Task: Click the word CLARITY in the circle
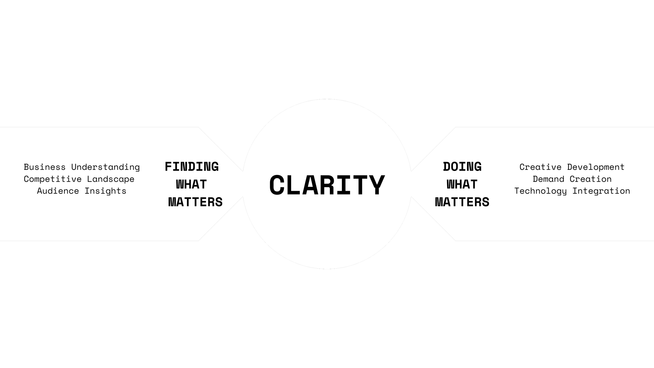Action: [x=327, y=185]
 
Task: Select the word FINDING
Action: [x=192, y=167]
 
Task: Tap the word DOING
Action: [x=462, y=167]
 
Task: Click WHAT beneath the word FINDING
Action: [x=191, y=185]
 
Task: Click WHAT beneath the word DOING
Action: [x=462, y=185]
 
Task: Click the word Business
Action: [x=45, y=167]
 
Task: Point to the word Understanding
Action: [x=105, y=167]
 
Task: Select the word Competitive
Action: [x=53, y=179]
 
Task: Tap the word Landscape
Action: [x=111, y=179]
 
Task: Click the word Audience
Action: [x=58, y=191]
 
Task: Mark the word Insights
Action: [x=105, y=191]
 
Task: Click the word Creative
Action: [x=540, y=167]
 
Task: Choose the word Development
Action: [x=596, y=167]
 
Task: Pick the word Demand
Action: [x=549, y=179]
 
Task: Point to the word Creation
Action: [x=591, y=179]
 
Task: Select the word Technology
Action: [x=540, y=191]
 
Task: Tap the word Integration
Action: [x=601, y=191]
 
